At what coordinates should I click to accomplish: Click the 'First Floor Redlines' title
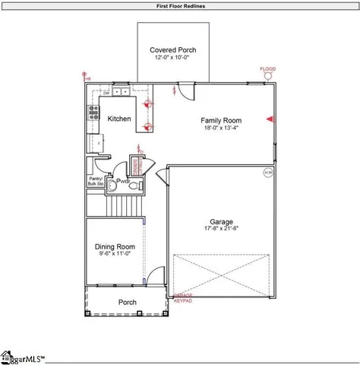coord(179,6)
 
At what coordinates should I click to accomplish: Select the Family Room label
coord(221,120)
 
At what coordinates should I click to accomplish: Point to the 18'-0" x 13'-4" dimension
coord(221,129)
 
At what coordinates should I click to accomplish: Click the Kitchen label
coord(119,119)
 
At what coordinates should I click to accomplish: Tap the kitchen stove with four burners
coord(95,113)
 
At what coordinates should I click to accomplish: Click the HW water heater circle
coord(268,173)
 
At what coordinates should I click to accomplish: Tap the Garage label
coord(222,222)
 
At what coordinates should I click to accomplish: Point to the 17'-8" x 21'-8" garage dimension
coord(222,229)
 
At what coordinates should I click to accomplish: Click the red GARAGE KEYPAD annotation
coord(183,298)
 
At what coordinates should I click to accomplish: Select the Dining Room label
coord(115,246)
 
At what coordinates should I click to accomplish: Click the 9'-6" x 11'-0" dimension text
coord(115,254)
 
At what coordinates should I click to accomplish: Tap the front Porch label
coord(128,303)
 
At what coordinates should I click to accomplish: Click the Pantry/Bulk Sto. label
coord(96,181)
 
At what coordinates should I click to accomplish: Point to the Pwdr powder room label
coord(122,182)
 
